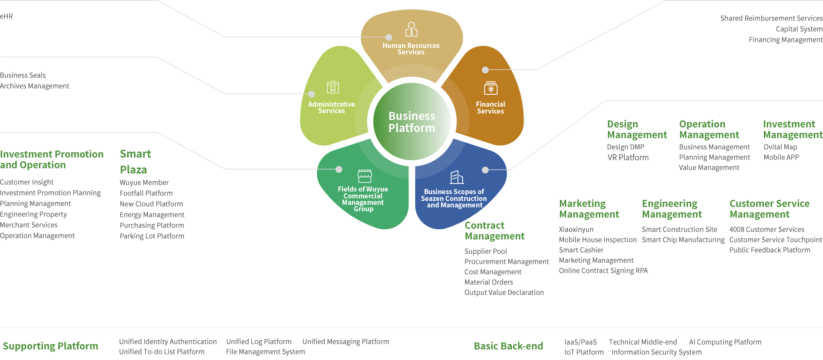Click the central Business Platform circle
pos(411,122)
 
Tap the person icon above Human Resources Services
pos(411,30)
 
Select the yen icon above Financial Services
pos(491,88)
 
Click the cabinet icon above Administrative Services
pos(333,87)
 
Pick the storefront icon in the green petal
pos(364,176)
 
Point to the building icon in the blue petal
pos(457,177)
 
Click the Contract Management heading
pos(494,231)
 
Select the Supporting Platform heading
pos(50,346)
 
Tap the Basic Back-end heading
pos(508,346)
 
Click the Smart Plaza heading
pos(135,162)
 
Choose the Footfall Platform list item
pos(146,193)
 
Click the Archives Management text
pos(34,86)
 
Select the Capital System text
pos(799,29)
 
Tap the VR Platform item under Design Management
pos(628,157)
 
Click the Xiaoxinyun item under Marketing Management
pos(577,229)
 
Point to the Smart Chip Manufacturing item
pos(683,240)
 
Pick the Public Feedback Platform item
pos(769,250)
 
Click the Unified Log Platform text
pos(258,342)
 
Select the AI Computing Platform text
pos(725,342)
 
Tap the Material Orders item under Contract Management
pos(489,282)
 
